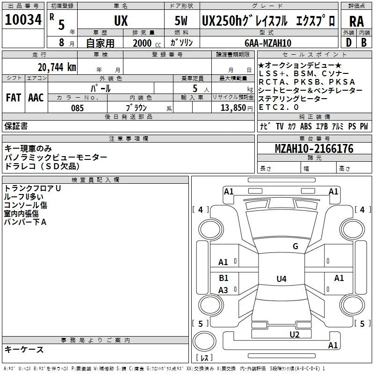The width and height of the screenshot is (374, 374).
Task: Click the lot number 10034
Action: coord(23,20)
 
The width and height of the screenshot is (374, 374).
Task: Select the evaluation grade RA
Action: coord(356,22)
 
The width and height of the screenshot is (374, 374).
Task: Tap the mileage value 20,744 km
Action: coord(57,67)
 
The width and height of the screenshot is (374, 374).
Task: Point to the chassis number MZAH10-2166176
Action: coord(314,149)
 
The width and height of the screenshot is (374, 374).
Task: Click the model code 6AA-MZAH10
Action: coord(268,43)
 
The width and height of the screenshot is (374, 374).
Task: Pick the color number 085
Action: coord(77,108)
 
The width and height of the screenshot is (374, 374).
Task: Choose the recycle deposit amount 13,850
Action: coord(233,108)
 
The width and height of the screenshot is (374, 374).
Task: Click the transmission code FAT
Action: coord(14,98)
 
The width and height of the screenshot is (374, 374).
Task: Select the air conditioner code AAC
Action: coord(36,98)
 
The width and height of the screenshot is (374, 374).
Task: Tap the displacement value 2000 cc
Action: coord(147,43)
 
